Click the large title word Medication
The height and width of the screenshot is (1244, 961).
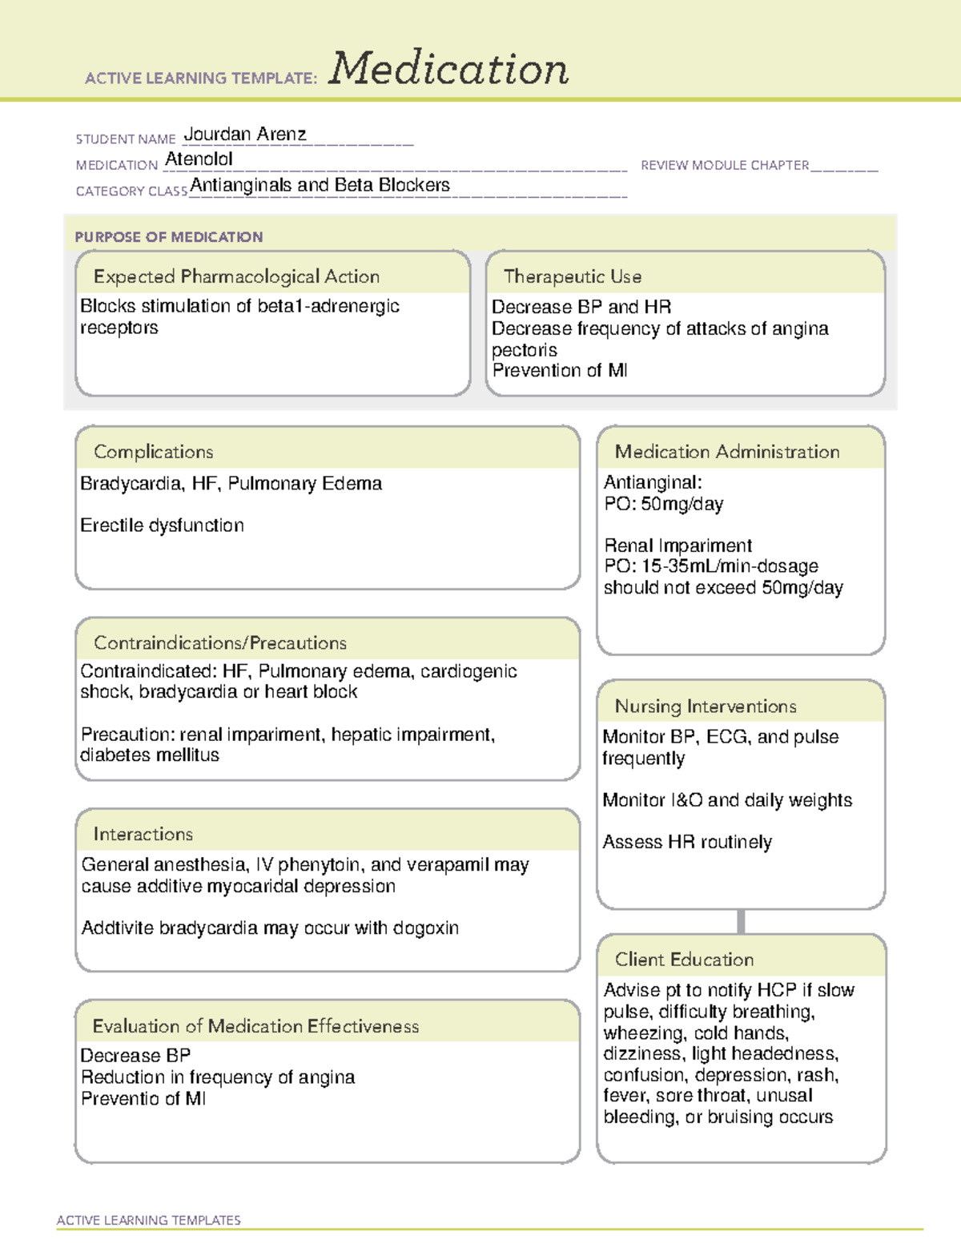(x=448, y=69)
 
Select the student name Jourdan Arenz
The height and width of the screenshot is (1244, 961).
(x=245, y=135)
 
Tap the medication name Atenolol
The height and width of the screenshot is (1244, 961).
(x=199, y=159)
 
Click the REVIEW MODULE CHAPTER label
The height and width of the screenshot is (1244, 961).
(x=725, y=165)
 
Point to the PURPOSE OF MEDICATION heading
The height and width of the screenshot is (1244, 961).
(x=169, y=237)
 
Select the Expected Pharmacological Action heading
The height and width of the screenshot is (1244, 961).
(x=236, y=276)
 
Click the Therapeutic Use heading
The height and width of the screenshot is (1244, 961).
(x=573, y=276)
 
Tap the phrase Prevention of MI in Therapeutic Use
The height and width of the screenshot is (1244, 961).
(x=560, y=371)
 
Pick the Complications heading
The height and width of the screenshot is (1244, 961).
(x=154, y=452)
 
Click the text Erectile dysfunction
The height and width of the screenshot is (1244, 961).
(x=162, y=525)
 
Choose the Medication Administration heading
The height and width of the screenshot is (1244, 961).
(x=727, y=452)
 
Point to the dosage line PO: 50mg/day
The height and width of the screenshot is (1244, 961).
(x=664, y=504)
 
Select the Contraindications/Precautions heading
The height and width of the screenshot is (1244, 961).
(x=220, y=642)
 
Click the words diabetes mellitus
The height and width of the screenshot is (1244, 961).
(x=150, y=755)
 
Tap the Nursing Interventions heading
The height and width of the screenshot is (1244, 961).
(x=706, y=707)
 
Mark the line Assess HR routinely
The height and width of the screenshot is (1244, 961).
(x=687, y=842)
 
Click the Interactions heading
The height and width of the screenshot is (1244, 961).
(x=143, y=834)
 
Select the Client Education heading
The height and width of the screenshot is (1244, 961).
(x=684, y=960)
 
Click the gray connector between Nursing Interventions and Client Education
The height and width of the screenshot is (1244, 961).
(x=741, y=922)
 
